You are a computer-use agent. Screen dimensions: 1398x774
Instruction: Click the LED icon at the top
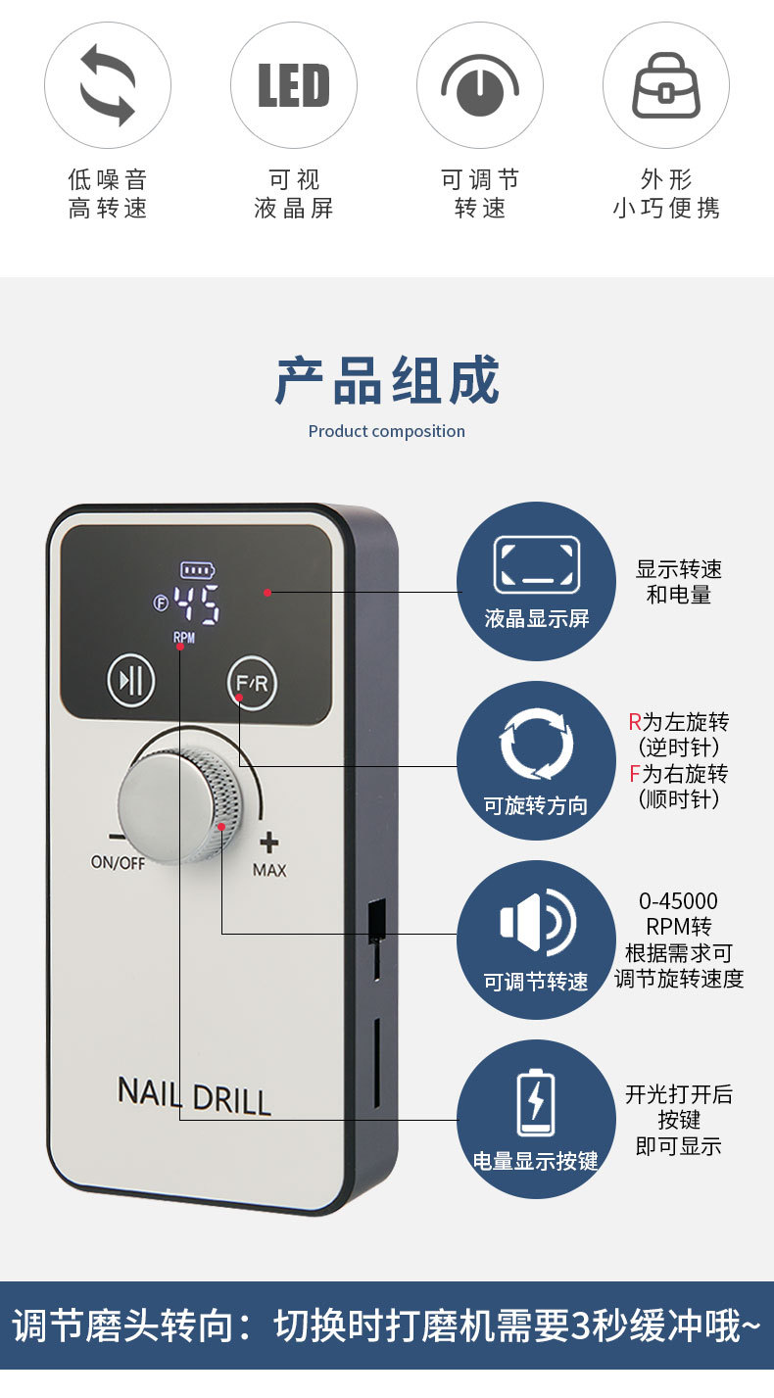[x=293, y=86]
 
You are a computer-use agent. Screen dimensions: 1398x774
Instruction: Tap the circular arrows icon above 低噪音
[x=108, y=86]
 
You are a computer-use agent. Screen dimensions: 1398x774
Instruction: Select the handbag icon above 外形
[x=666, y=86]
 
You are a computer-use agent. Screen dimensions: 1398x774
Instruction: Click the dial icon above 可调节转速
[x=480, y=86]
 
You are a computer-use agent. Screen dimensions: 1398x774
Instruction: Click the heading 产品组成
[x=387, y=380]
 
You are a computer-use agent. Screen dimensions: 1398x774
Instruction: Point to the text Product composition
[x=387, y=431]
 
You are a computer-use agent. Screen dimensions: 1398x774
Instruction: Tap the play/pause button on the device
[x=131, y=680]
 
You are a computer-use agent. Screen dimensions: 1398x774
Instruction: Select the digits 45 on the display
[x=196, y=605]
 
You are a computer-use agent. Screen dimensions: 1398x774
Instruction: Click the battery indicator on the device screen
[x=197, y=569]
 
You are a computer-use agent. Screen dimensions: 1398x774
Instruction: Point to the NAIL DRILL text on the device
[x=194, y=1095]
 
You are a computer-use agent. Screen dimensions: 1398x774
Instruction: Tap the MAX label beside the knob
[x=269, y=870]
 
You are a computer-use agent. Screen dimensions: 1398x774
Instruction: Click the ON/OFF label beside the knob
[x=118, y=863]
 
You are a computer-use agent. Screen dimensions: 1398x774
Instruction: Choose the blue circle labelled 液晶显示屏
[x=536, y=581]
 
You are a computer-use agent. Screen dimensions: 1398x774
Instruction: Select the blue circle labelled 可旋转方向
[x=536, y=760]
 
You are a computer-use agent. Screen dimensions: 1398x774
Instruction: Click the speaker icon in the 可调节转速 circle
[x=537, y=922]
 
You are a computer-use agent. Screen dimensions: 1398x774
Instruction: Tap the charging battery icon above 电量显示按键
[x=536, y=1103]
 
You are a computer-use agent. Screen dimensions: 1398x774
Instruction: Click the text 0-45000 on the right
[x=678, y=901]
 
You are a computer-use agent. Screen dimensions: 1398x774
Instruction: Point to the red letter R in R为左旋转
[x=635, y=723]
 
